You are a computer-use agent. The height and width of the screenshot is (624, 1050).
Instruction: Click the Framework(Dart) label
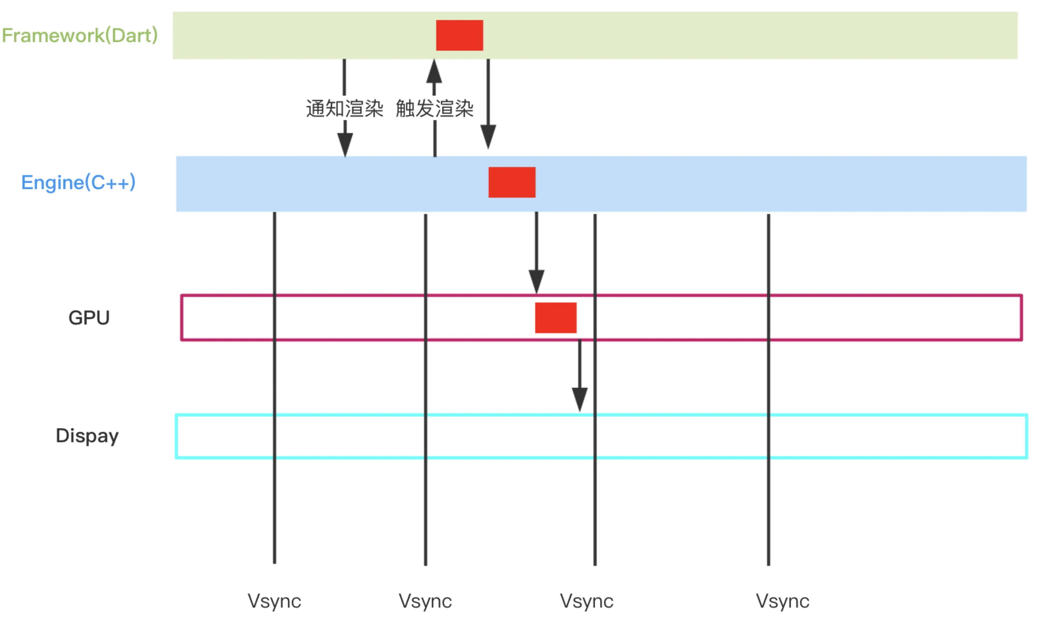click(x=80, y=35)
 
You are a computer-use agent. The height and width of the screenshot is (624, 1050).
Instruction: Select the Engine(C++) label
click(x=78, y=183)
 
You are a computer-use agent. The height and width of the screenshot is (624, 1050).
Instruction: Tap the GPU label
click(x=89, y=318)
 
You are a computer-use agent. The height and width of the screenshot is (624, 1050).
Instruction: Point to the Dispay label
click(x=87, y=436)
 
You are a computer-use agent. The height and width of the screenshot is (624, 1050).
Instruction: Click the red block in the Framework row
click(x=459, y=35)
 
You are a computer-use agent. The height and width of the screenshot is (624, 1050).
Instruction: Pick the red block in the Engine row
click(x=512, y=183)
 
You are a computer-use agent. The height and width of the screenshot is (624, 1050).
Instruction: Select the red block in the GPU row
click(x=556, y=318)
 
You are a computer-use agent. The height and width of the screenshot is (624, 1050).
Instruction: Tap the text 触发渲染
click(x=435, y=108)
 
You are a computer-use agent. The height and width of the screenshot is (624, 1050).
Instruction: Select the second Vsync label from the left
click(x=425, y=601)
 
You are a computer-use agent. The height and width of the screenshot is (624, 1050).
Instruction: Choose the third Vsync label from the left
click(x=587, y=601)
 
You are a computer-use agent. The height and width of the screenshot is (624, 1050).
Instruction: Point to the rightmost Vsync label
click(x=783, y=601)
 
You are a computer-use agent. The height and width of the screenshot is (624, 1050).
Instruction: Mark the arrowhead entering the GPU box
click(x=536, y=281)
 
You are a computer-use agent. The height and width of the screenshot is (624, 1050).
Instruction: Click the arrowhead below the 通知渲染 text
click(x=345, y=144)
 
